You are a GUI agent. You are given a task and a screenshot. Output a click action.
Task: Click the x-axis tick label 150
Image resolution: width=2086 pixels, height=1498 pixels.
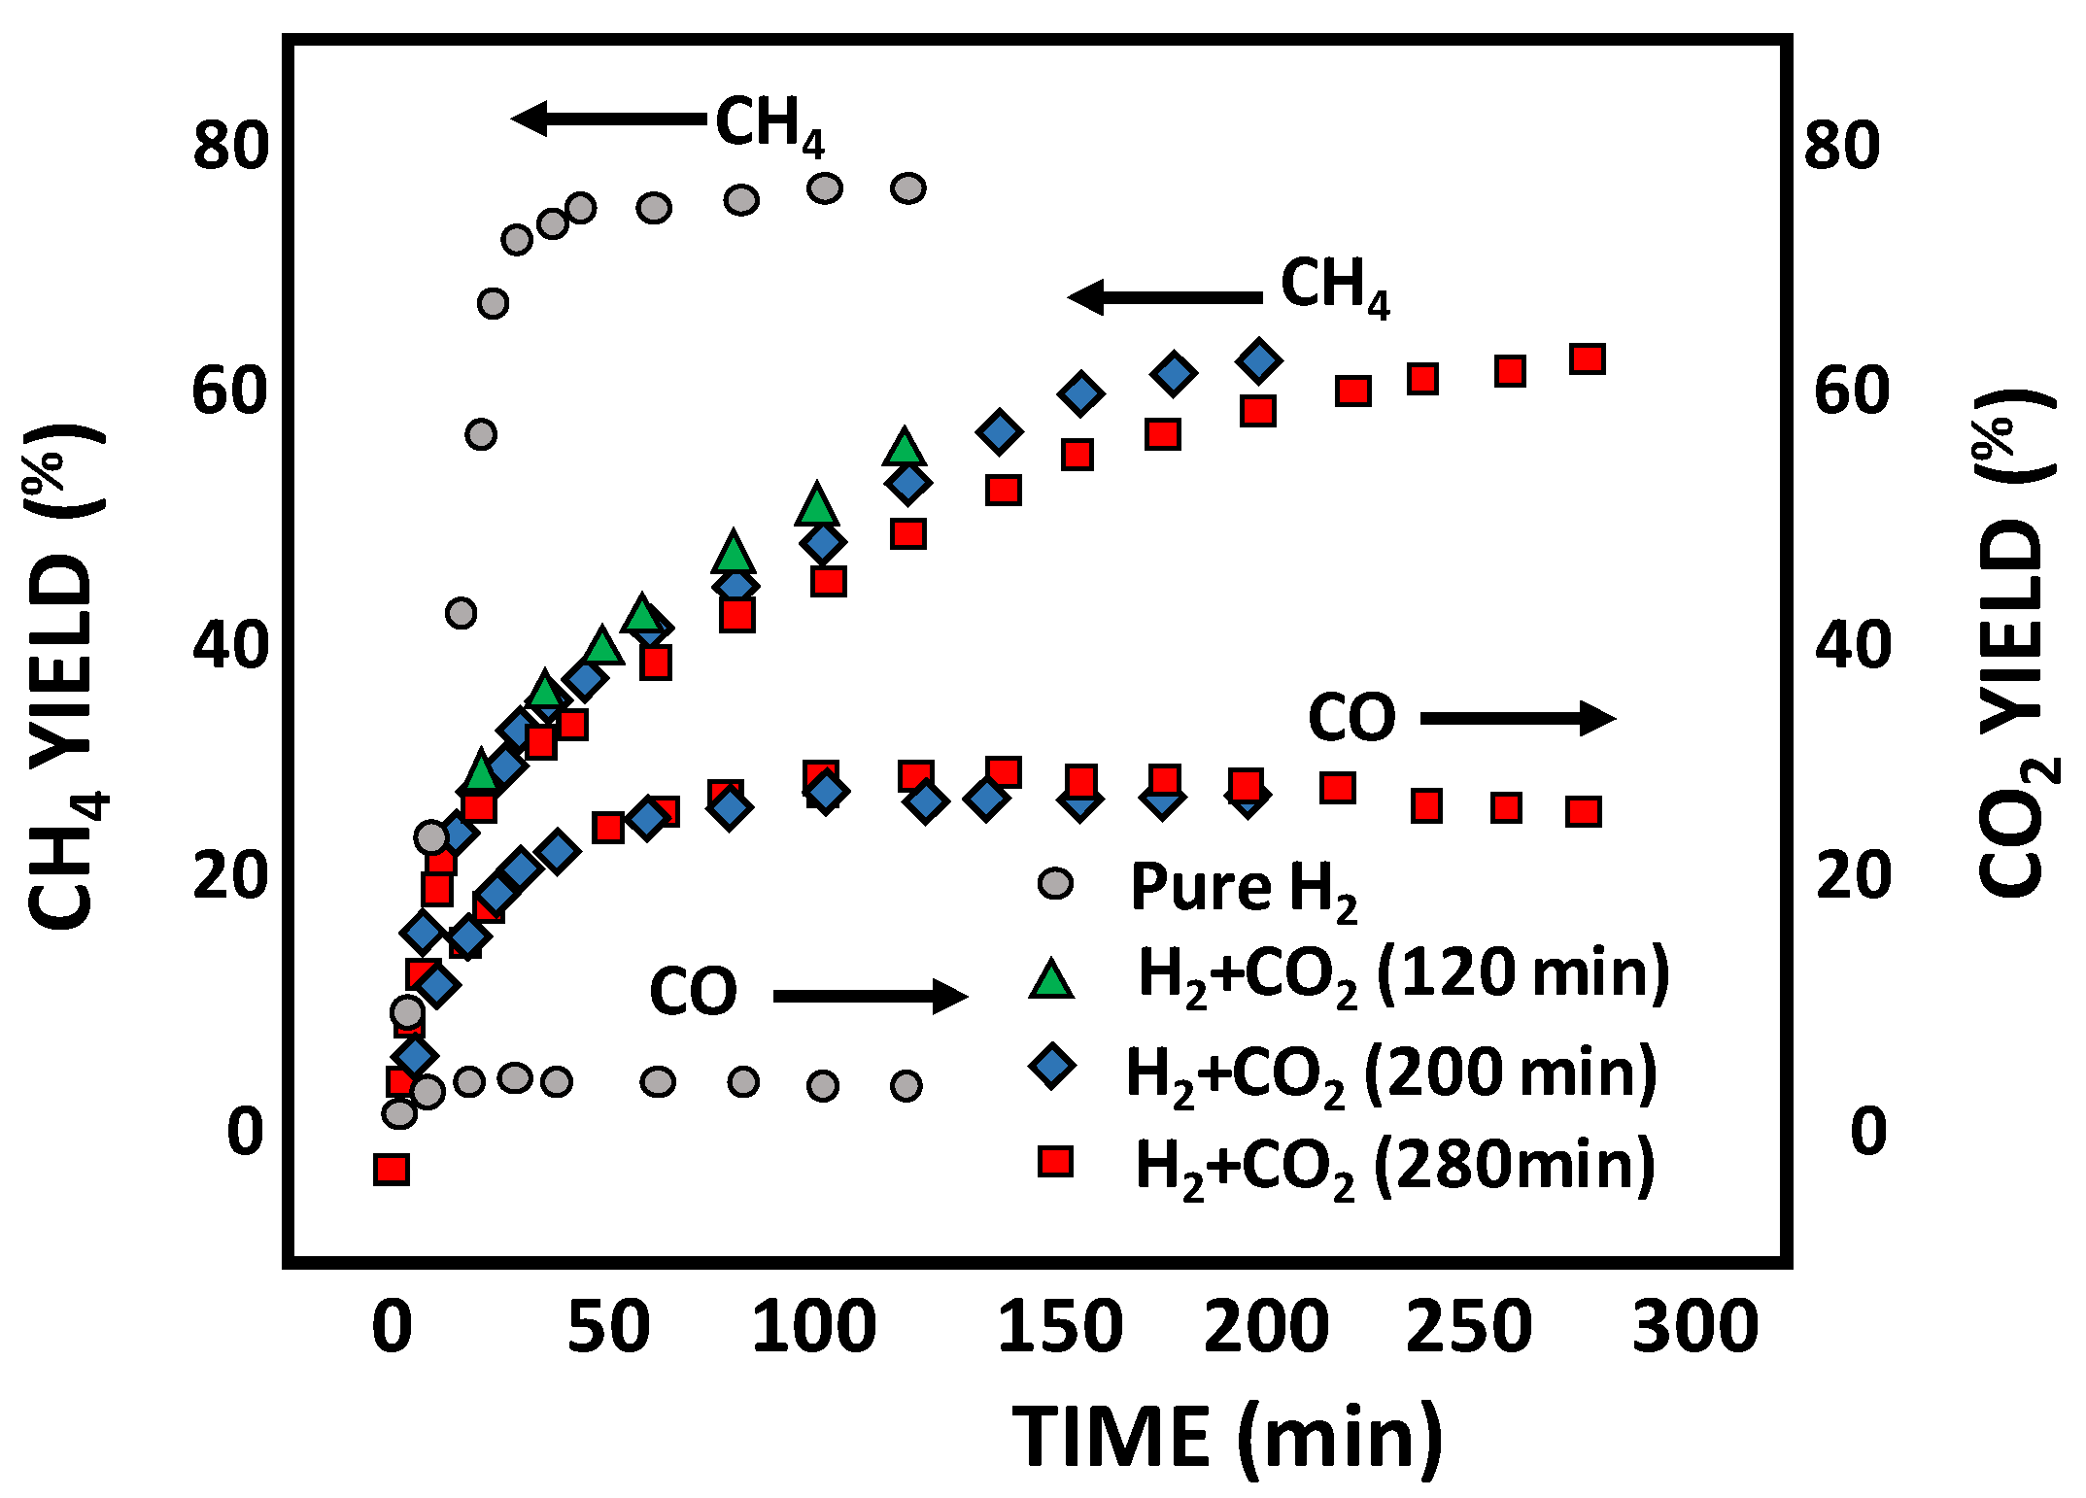tap(1059, 1328)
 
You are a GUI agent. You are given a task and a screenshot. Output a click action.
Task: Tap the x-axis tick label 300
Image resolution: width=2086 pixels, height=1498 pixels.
tap(1694, 1328)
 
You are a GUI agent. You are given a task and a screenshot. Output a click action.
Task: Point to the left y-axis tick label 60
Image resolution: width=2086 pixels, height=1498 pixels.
tap(229, 392)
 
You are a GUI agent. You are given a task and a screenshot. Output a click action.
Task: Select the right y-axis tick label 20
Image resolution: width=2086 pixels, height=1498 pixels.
tap(1852, 874)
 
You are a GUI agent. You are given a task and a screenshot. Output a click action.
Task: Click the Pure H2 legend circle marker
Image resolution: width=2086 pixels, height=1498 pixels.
tap(1055, 883)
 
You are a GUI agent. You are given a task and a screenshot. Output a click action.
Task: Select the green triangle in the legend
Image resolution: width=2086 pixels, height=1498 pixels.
tap(1051, 978)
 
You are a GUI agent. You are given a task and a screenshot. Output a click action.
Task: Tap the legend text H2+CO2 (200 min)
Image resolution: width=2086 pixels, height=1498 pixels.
tap(1390, 1074)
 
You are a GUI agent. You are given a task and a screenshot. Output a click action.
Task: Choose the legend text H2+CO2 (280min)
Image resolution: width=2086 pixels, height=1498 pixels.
tap(1394, 1167)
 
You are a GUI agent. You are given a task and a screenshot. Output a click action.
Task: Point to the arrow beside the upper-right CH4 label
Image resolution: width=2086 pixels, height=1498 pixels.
tap(1165, 297)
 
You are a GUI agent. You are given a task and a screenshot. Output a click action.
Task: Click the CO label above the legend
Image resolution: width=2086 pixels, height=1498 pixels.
tap(1351, 719)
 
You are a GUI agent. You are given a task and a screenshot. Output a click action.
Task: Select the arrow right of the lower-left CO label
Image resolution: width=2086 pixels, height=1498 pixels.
tap(870, 996)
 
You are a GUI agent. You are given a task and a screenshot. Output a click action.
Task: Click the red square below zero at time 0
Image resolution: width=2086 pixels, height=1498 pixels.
tap(391, 1169)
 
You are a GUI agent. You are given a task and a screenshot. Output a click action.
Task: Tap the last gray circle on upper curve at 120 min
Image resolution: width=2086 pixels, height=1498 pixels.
tap(908, 188)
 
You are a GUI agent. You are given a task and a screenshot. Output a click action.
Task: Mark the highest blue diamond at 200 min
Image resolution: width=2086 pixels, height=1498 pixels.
tap(1259, 360)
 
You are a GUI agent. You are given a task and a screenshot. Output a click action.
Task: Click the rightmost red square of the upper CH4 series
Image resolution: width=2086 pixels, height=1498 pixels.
tap(1587, 359)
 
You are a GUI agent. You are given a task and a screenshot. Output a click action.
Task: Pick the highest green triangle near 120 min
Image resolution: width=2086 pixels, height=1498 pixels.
tap(905, 447)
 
